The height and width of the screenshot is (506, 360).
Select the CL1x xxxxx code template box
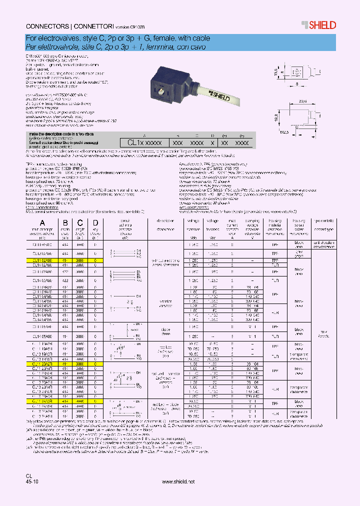(x=144, y=142)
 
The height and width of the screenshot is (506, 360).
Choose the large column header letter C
(x=80, y=223)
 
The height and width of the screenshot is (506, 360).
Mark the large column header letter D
(x=95, y=223)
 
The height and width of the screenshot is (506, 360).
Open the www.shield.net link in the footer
(x=178, y=481)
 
